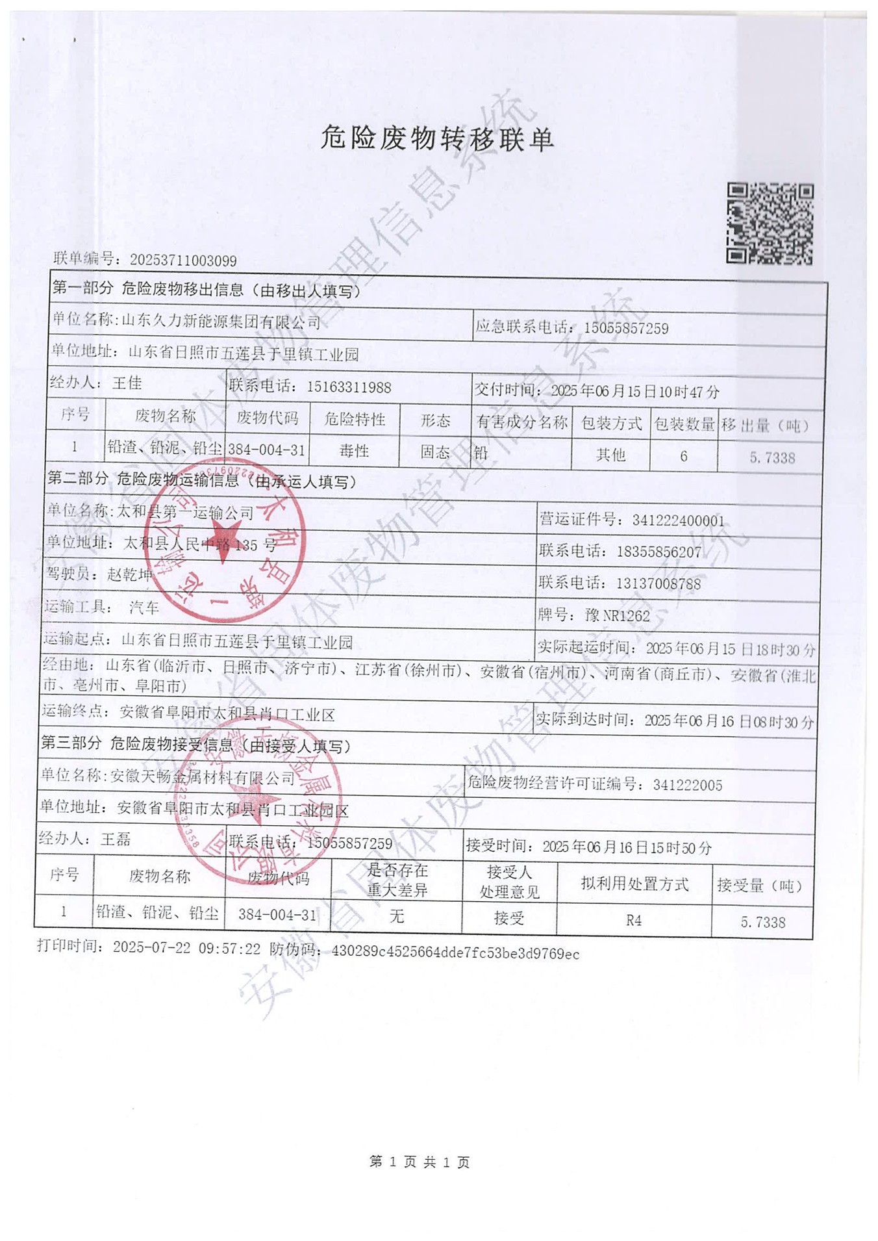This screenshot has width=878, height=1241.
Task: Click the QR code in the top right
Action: pos(770,224)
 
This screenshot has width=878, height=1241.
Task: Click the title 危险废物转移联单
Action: pos(436,138)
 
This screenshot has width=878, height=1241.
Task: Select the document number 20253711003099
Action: pos(183,261)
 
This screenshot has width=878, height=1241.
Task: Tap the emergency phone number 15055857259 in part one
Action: pos(626,328)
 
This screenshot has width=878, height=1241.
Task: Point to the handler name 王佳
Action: pos(127,383)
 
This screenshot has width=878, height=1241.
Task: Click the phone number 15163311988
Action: pos(349,387)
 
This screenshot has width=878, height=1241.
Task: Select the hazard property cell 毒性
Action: pos(354,451)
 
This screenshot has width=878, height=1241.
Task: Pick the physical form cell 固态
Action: pos(435,452)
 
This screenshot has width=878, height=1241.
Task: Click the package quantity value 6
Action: pos(683,456)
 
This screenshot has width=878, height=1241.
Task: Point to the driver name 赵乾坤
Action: pos(130,574)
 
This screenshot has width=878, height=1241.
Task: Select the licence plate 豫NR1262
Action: pos(617,615)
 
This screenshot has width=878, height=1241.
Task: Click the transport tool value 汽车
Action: pos(144,608)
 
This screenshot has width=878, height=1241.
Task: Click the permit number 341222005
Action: pos(688,785)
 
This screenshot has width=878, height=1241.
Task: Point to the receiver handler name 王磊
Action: pos(116,839)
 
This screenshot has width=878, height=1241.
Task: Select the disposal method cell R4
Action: pos(634,920)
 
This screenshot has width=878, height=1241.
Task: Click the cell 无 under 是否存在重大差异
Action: pos(396,916)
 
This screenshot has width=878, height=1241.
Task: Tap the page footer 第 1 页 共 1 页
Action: pos(420,1162)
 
